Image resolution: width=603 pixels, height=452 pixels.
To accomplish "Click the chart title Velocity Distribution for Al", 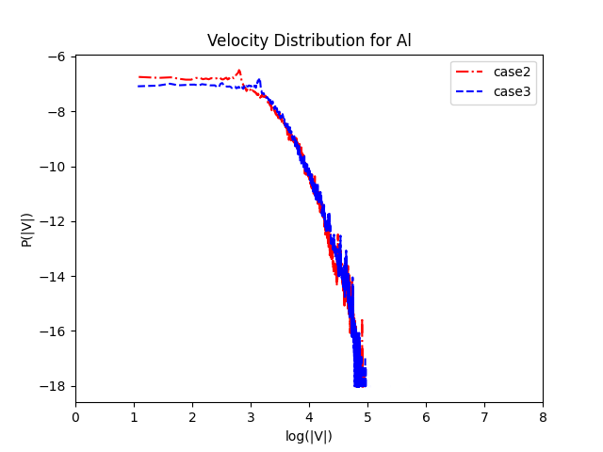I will [x=309, y=40].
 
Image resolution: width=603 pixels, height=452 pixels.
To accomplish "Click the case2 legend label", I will [x=512, y=72].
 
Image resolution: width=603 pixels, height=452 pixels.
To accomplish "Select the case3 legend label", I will [x=512, y=91].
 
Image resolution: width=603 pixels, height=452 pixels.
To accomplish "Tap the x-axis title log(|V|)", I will [x=309, y=436].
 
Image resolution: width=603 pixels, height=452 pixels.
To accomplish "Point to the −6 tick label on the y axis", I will [x=57, y=56].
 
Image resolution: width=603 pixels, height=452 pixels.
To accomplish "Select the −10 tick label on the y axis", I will [x=53, y=167].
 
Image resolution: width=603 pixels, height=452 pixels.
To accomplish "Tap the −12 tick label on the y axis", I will [x=53, y=221].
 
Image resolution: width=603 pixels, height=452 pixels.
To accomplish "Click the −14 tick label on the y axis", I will [x=53, y=276].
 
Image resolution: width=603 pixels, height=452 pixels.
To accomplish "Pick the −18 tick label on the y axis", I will [x=53, y=385].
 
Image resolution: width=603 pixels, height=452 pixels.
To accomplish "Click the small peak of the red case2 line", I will [x=239, y=70].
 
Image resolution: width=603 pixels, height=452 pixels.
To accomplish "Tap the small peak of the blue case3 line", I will [x=258, y=80].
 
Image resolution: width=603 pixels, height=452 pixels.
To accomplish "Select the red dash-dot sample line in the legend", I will [x=472, y=72].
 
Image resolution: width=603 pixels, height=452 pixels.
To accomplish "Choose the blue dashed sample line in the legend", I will [x=472, y=91].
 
